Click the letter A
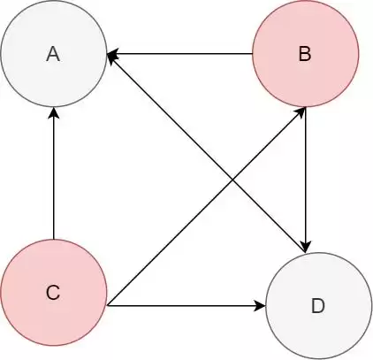click(53, 54)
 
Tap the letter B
click(305, 54)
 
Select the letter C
click(53, 293)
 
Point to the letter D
click(318, 306)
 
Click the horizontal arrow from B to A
click(179, 54)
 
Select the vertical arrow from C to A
click(54, 173)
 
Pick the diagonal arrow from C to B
click(206, 206)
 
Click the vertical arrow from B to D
click(306, 180)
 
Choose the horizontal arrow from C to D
click(186, 306)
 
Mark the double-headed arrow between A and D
click(207, 153)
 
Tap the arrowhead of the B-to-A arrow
click(112, 54)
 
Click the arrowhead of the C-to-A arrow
click(54, 112)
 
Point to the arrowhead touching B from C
click(300, 113)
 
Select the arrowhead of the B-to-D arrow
click(306, 247)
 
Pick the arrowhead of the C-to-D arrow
click(261, 306)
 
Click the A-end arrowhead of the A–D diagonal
click(112, 56)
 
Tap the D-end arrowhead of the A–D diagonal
click(301, 247)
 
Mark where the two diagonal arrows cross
click(232, 180)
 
